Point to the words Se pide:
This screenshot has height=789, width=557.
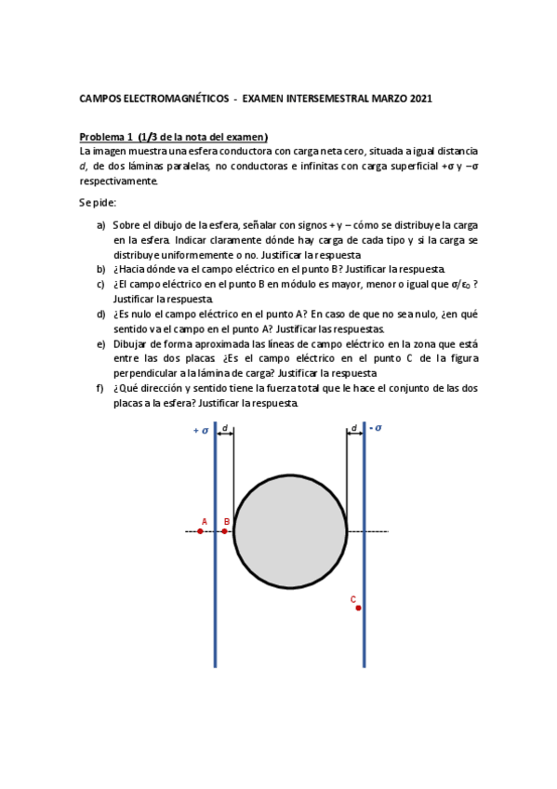(x=98, y=202)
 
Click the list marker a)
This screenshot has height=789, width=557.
(x=100, y=225)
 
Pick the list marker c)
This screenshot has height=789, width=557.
(x=100, y=285)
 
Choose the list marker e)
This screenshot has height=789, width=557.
(x=100, y=343)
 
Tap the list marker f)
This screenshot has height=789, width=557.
(x=100, y=388)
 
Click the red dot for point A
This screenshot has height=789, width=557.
(x=200, y=531)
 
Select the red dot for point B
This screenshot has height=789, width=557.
(x=224, y=531)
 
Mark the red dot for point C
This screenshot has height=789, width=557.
(x=358, y=608)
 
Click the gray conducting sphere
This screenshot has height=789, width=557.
(x=290, y=530)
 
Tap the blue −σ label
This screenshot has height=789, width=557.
(x=376, y=428)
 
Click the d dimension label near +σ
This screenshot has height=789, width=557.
(x=224, y=428)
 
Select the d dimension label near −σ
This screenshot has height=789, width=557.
(x=353, y=428)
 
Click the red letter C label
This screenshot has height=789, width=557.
(x=353, y=599)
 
